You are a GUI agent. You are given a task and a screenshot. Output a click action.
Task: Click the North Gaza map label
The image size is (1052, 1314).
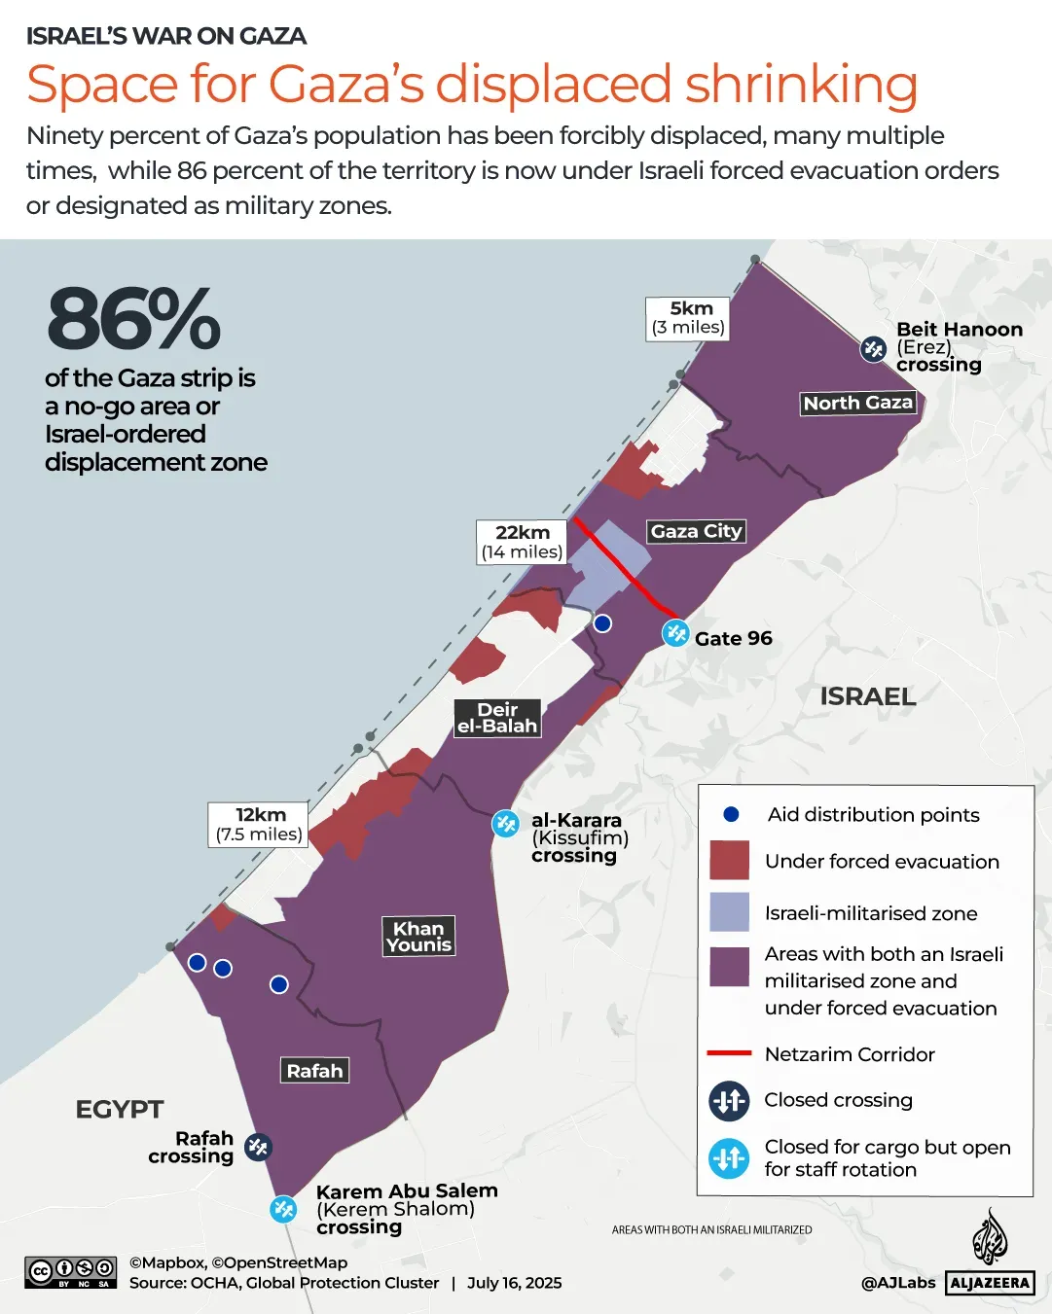pyautogui.click(x=857, y=403)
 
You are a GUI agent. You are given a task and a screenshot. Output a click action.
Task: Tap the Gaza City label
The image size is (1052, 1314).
pyautogui.click(x=696, y=531)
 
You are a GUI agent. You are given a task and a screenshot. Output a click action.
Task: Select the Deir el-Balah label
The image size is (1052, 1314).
pyautogui.click(x=497, y=718)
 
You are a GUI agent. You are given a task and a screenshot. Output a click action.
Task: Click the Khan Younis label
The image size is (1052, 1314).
pyautogui.click(x=418, y=937)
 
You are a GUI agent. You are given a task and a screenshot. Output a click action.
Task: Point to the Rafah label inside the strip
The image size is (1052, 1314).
pyautogui.click(x=314, y=1071)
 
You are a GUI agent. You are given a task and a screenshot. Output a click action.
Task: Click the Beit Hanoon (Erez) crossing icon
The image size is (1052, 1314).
pyautogui.click(x=873, y=348)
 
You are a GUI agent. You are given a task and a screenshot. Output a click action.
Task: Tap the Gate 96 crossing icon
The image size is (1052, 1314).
pyautogui.click(x=675, y=633)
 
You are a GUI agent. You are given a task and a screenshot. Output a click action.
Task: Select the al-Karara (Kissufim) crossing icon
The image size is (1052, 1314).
pyautogui.click(x=505, y=824)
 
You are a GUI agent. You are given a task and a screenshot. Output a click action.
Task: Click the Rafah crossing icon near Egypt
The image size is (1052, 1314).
pyautogui.click(x=258, y=1147)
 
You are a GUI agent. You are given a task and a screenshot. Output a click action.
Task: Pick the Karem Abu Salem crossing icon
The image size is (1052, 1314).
pyautogui.click(x=283, y=1209)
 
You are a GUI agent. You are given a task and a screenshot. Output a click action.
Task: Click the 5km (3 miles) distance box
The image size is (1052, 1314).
pyautogui.click(x=688, y=318)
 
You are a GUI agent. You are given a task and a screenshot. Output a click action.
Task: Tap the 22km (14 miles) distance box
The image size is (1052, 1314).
pyautogui.click(x=522, y=542)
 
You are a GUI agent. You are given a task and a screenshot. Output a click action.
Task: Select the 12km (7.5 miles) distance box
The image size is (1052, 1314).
pyautogui.click(x=259, y=825)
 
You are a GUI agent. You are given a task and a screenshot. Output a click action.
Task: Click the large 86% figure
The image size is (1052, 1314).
pyautogui.click(x=133, y=319)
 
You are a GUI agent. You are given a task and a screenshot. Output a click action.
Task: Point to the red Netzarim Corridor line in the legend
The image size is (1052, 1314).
pyautogui.click(x=729, y=1053)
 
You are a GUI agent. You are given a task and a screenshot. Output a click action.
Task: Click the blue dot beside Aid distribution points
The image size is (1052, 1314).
pyautogui.click(x=731, y=814)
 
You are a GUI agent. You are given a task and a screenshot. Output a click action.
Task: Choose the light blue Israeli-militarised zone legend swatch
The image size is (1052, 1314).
pyautogui.click(x=729, y=912)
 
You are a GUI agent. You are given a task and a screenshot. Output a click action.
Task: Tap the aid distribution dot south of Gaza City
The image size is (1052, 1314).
pyautogui.click(x=602, y=623)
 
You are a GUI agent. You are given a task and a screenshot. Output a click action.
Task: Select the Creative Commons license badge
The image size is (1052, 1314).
pyautogui.click(x=71, y=1272)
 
